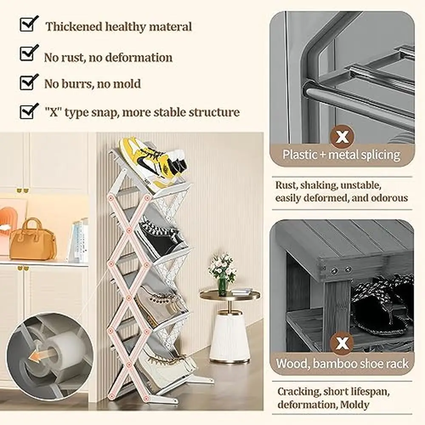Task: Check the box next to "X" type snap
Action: pos(28,111)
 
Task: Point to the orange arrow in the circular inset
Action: pos(39,357)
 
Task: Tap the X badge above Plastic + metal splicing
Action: pos(342,136)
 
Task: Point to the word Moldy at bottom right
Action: pos(354,405)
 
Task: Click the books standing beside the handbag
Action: pos(80,241)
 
